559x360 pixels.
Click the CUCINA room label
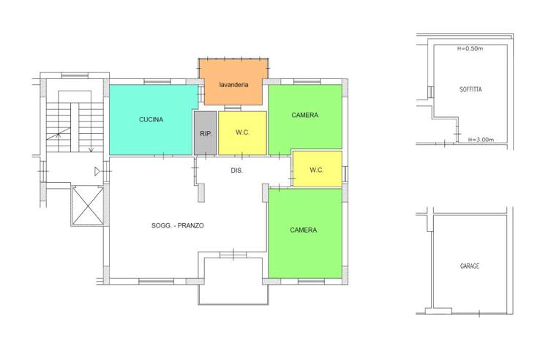point(151,120)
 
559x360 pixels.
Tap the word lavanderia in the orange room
point(233,85)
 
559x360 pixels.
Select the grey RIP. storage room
point(206,133)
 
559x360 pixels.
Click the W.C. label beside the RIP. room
point(242,132)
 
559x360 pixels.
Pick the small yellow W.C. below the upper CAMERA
point(317,168)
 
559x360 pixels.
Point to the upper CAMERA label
point(305,115)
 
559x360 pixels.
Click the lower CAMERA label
point(304,230)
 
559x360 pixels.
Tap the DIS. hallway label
point(237,170)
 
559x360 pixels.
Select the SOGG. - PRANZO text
point(178,225)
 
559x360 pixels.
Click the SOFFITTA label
point(470,90)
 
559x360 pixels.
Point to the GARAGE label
point(470,266)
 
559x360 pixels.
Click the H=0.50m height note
point(470,48)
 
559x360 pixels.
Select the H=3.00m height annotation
point(481,140)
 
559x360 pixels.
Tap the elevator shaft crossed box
point(88,206)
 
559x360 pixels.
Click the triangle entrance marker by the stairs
point(97,171)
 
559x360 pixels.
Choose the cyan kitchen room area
point(151,120)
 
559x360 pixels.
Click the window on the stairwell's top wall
point(75,75)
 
